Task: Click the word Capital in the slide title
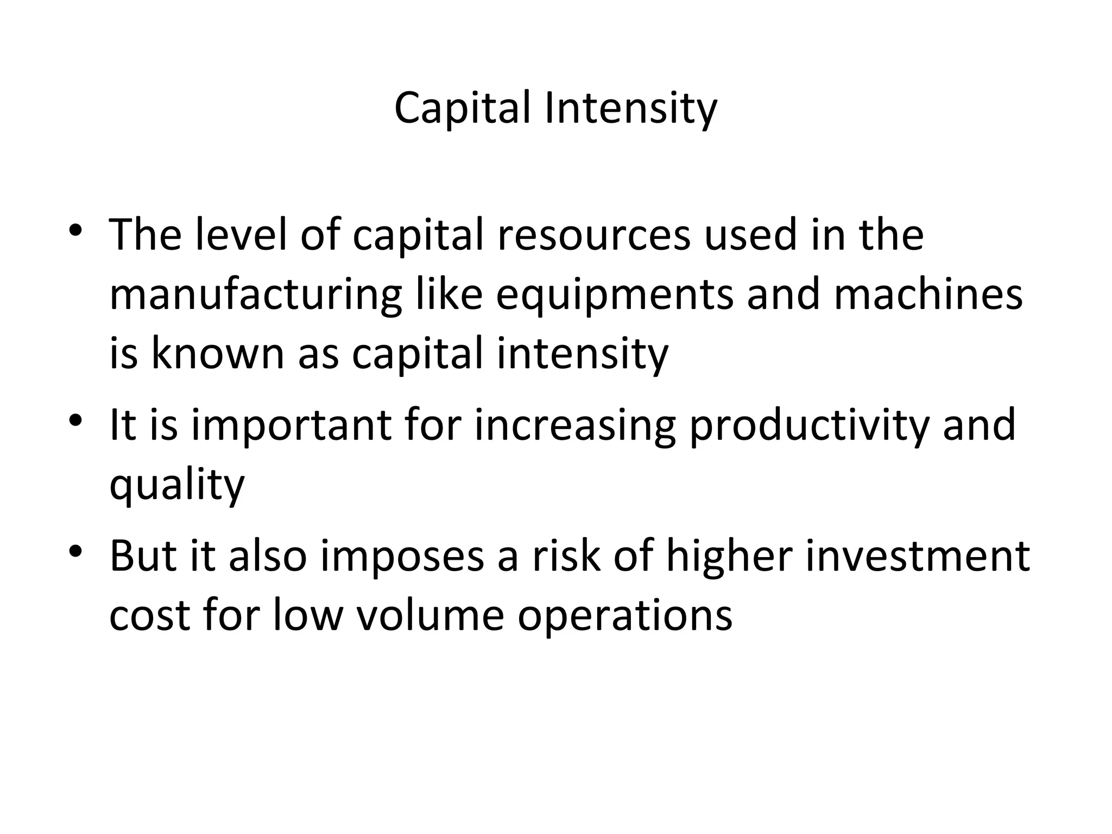pyautogui.click(x=462, y=109)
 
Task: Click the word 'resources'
pyautogui.click(x=593, y=235)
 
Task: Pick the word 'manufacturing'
pyautogui.click(x=255, y=296)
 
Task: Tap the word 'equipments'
pyautogui.click(x=614, y=296)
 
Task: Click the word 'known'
pyautogui.click(x=218, y=353)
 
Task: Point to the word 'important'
pyautogui.click(x=291, y=425)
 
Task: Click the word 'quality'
pyautogui.click(x=177, y=485)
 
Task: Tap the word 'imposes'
pyautogui.click(x=402, y=557)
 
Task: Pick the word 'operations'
pyautogui.click(x=624, y=617)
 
